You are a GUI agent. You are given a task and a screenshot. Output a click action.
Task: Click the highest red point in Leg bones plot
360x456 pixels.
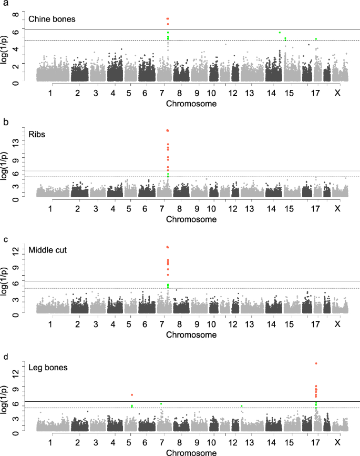coord(316,363)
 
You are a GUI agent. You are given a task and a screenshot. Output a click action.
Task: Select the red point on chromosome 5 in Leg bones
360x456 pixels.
coord(132,395)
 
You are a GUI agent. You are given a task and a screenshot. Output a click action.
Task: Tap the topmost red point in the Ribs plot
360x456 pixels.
coord(168,130)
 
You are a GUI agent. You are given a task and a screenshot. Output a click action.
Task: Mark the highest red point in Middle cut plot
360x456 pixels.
coord(168,247)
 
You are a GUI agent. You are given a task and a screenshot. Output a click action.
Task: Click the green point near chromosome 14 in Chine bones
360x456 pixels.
coord(280,33)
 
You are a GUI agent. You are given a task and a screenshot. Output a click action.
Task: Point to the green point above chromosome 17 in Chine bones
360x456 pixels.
coord(316,39)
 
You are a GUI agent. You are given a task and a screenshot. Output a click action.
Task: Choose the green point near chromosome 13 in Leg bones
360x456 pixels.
coord(241,406)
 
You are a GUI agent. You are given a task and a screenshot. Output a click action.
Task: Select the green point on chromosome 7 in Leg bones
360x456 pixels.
coord(161,404)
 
